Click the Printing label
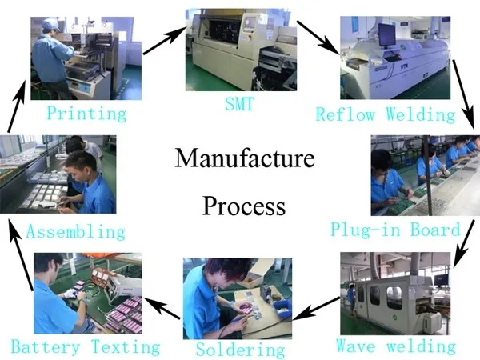tap(86, 113)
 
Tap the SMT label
tap(239, 104)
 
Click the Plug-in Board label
tap(395, 230)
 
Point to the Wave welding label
tap(395, 346)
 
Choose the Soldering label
tap(240, 350)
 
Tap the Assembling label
tap(76, 232)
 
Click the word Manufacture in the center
tap(244, 158)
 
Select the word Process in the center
tap(244, 206)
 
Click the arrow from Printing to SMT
tap(163, 39)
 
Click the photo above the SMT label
tap(236, 50)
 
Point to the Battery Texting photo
tap(88, 294)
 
